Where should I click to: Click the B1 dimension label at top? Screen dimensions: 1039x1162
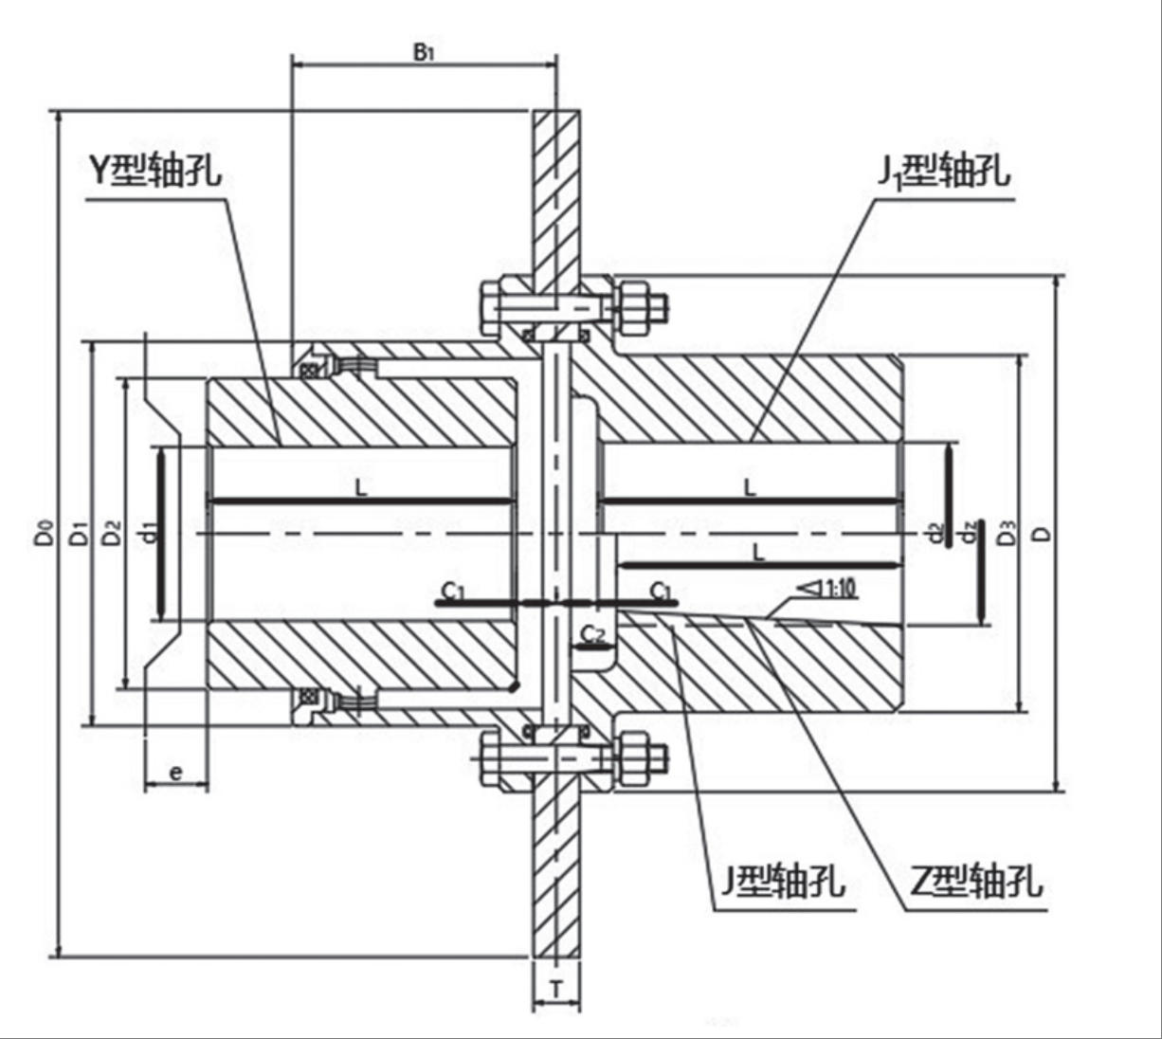[x=423, y=51]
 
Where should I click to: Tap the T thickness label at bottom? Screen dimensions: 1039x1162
[x=556, y=990]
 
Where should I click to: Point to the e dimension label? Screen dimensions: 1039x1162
[x=176, y=773]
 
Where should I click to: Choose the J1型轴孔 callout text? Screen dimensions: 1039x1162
[x=942, y=171]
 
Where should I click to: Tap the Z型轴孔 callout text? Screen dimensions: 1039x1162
[x=976, y=882]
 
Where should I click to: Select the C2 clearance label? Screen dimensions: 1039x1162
[x=592, y=633]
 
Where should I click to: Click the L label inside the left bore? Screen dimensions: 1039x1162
[x=361, y=488]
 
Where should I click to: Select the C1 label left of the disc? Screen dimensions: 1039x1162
[x=453, y=592]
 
